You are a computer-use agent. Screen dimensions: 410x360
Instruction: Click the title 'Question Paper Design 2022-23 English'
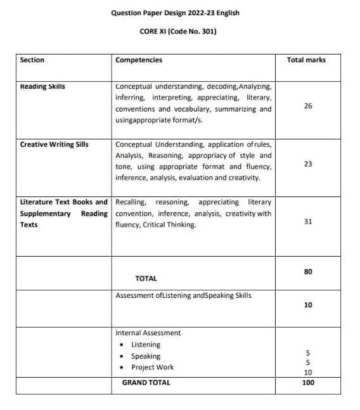[175, 12]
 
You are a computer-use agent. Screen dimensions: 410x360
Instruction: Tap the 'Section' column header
[32, 60]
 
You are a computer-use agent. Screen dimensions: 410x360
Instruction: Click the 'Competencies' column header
[139, 60]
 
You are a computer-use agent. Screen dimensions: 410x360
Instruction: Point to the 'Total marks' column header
[306, 60]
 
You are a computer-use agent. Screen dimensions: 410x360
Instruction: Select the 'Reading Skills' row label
[42, 86]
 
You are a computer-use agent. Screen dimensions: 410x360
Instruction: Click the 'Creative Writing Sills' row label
[55, 144]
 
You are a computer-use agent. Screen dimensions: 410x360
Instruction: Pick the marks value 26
[308, 106]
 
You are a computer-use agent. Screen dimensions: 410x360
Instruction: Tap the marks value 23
[308, 163]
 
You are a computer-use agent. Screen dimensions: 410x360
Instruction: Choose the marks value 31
[308, 221]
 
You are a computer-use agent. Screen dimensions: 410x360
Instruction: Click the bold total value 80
[308, 272]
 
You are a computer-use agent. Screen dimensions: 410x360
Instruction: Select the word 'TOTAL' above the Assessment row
[146, 278]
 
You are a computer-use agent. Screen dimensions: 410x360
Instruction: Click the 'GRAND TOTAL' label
[146, 383]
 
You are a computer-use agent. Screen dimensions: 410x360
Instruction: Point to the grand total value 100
[308, 383]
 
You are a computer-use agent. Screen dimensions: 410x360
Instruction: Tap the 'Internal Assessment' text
[148, 333]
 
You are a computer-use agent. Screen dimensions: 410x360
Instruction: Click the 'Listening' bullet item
[146, 345]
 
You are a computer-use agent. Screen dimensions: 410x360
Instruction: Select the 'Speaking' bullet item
[146, 356]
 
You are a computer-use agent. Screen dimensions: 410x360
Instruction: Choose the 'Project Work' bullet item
[152, 368]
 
